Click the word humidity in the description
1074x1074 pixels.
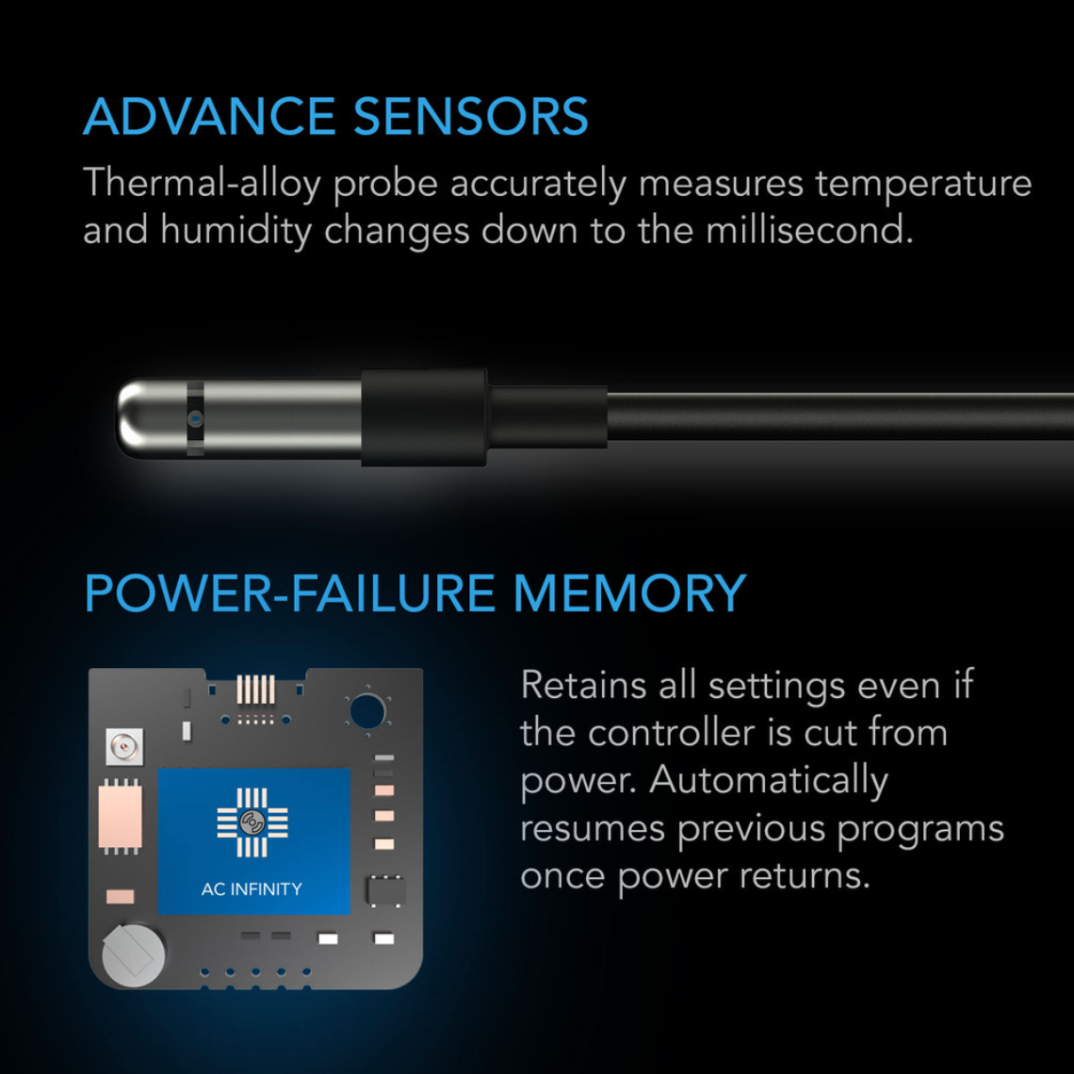click(235, 231)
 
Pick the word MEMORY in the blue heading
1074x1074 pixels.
click(628, 593)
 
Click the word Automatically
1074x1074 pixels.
click(769, 781)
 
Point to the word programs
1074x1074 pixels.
click(919, 829)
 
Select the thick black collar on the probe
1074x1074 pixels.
click(424, 416)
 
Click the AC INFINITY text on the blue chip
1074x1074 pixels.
click(252, 888)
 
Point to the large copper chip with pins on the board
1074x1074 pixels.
click(120, 817)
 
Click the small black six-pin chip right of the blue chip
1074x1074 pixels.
click(385, 890)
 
